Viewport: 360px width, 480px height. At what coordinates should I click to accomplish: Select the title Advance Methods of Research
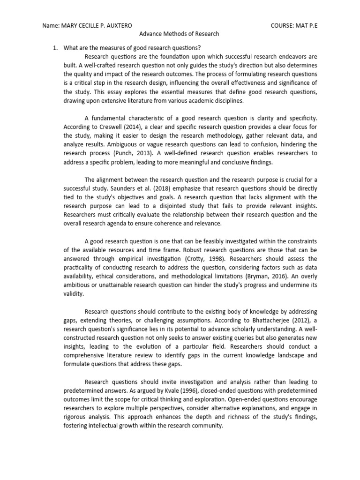(180, 34)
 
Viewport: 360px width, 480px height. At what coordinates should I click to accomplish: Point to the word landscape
(278, 355)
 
